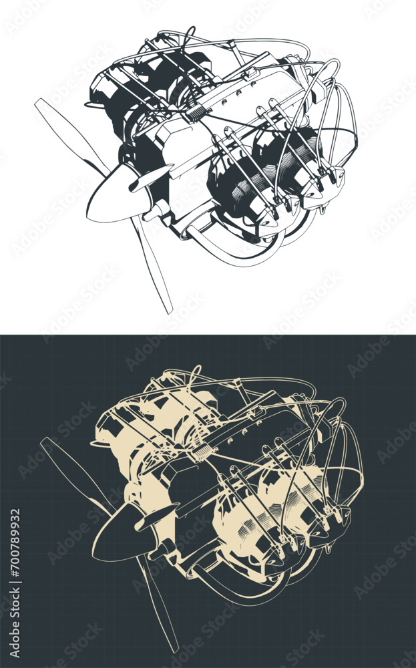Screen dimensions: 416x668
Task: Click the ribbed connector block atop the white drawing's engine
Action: coord(198,112)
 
